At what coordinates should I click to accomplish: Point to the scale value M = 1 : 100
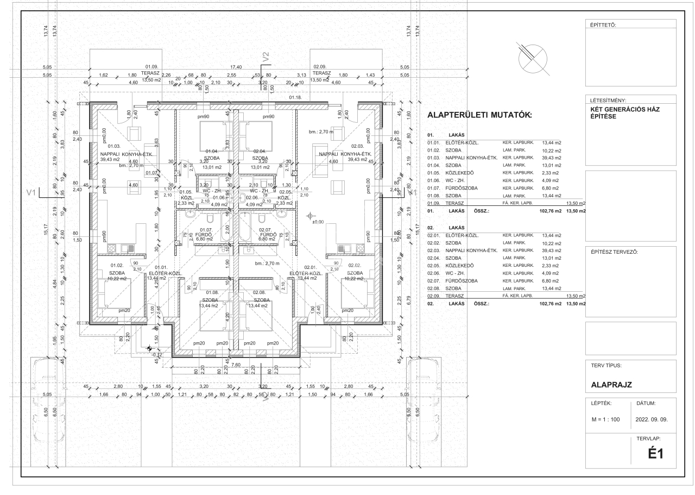[605, 420]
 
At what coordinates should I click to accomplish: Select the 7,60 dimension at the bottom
[236, 365]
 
